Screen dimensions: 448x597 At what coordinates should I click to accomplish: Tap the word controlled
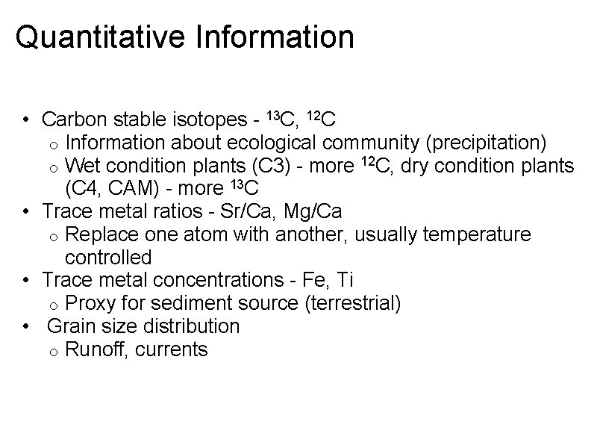(x=108, y=258)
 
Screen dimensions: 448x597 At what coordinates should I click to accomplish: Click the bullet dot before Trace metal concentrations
(x=26, y=281)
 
